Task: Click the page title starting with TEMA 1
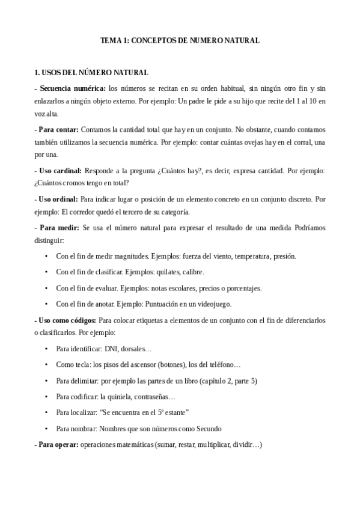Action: pyautogui.click(x=180, y=40)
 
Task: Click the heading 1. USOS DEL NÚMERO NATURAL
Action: pyautogui.click(x=91, y=73)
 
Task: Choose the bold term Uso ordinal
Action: pyautogui.click(x=58, y=198)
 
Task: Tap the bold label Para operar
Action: pyautogui.click(x=57, y=445)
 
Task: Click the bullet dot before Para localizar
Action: pyautogui.click(x=47, y=413)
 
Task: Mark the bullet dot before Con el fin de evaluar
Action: pyautogui.click(x=47, y=288)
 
